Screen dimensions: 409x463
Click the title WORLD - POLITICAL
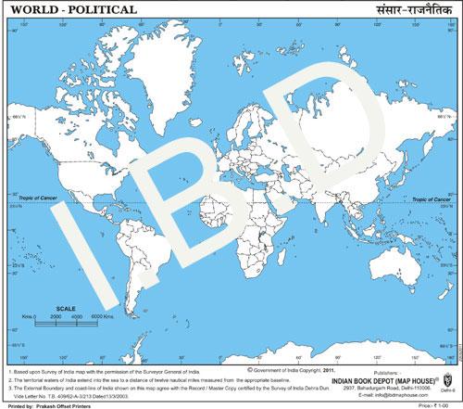pos(70,9)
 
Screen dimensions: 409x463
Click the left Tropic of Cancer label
pos(40,197)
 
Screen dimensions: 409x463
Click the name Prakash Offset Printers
pos(69,404)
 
